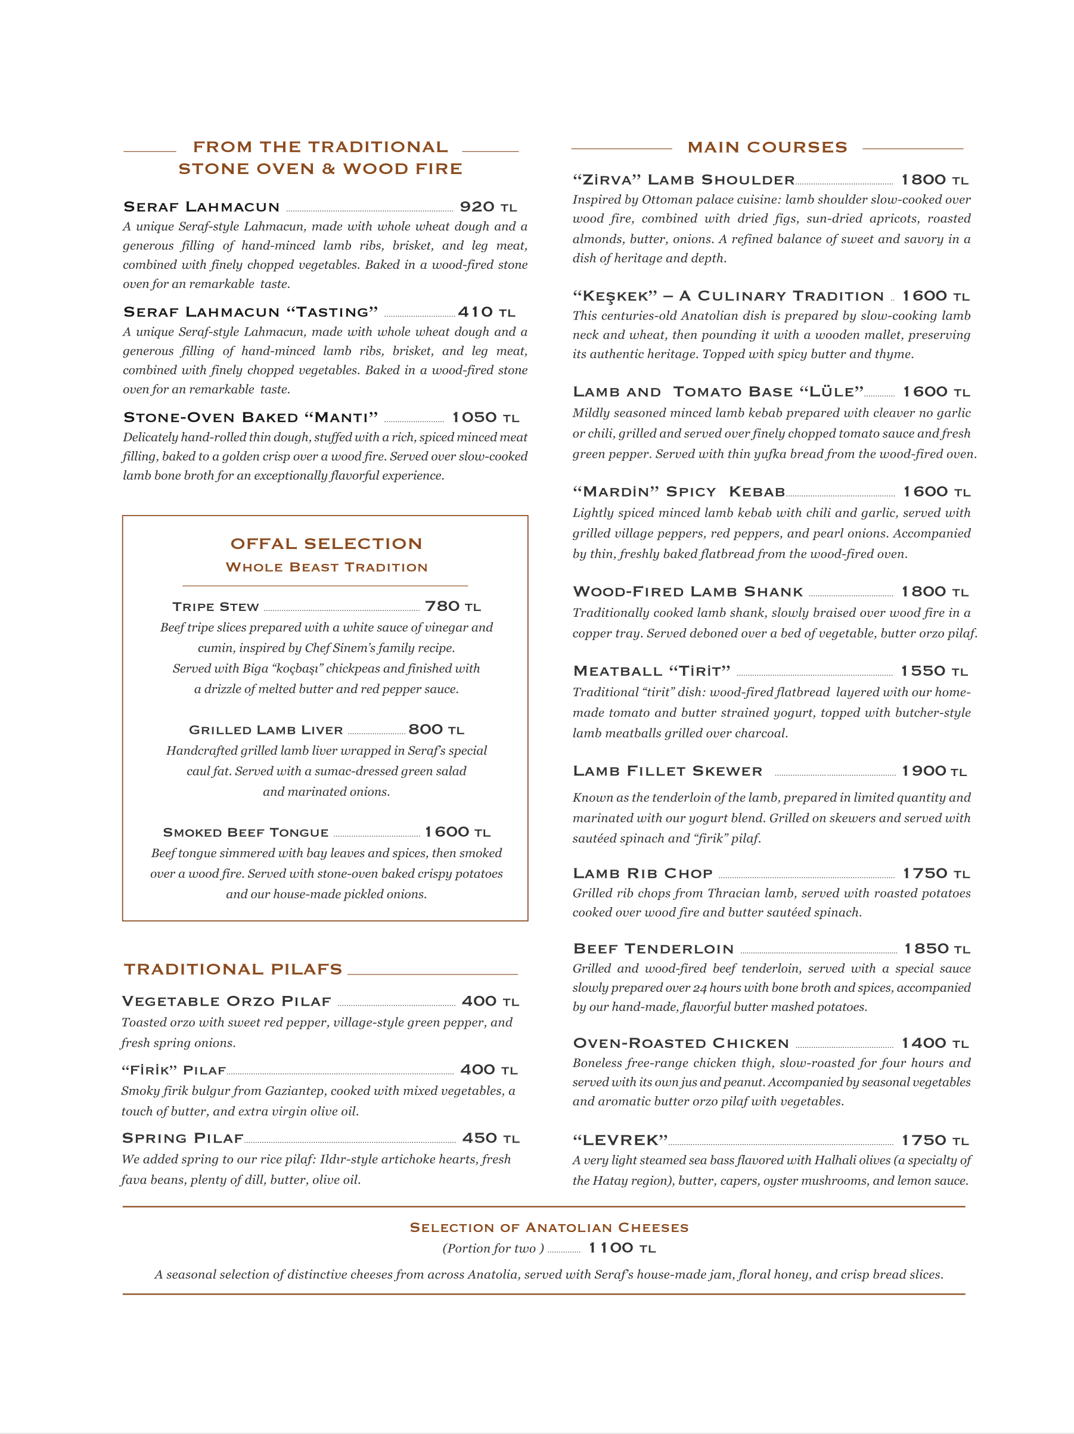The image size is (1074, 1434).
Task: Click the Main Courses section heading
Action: pos(767,148)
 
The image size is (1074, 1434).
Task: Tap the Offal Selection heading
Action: pos(326,543)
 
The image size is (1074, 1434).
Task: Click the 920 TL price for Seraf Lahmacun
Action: pos(488,207)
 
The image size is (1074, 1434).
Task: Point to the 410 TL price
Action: pos(486,312)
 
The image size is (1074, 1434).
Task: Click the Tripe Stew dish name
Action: pos(215,607)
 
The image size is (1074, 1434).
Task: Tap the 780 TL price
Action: pos(452,606)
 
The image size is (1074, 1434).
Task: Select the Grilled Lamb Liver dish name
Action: pos(266,730)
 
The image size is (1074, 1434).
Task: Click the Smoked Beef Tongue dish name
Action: pos(246,833)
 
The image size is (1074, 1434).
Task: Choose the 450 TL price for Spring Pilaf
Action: pos(490,1138)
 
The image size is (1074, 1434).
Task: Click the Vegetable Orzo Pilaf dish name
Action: pos(226,1002)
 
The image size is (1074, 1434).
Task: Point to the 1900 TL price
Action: pos(933,771)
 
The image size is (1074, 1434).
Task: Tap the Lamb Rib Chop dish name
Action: pos(642,873)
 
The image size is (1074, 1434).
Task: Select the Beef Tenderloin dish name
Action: pos(653,949)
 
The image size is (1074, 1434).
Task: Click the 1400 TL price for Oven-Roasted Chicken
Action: pos(934,1043)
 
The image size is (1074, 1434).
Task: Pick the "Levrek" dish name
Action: pos(620,1140)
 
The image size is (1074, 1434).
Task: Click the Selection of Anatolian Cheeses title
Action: pos(548,1227)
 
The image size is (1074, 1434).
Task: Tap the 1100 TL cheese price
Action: pos(622,1248)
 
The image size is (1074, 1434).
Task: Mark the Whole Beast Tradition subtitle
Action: pos(326,567)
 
